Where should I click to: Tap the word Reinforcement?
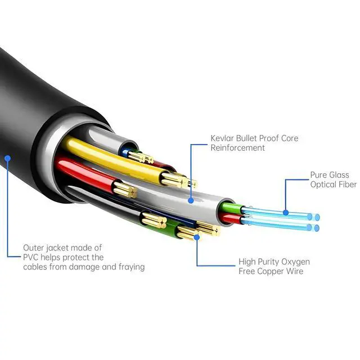click(238, 148)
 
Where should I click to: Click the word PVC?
click(31, 257)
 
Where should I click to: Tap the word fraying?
click(129, 267)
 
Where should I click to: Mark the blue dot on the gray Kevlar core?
click(191, 199)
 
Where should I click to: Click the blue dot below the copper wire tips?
click(197, 237)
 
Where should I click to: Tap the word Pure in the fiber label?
click(319, 175)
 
